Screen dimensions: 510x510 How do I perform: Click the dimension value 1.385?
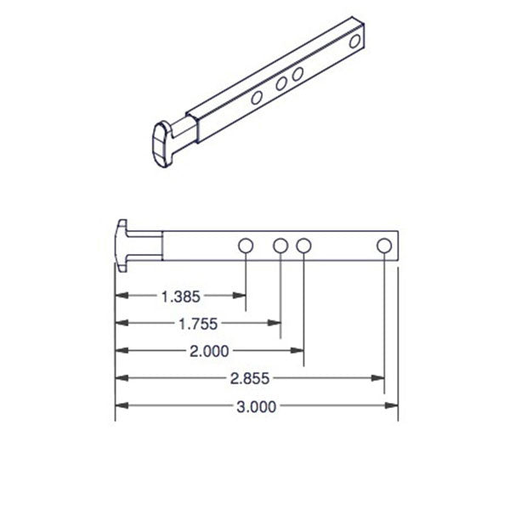coord(180,297)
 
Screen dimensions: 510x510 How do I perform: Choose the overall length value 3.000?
coord(256,406)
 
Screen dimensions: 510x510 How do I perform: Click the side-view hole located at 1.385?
coord(246,246)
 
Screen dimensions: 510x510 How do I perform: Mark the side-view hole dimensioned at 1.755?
coord(281,246)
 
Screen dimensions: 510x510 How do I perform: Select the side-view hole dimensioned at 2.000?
coord(304,246)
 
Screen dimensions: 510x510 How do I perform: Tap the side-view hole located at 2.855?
coord(384,246)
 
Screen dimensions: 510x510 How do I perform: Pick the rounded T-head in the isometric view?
coord(159,144)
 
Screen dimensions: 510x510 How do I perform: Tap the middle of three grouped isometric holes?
coord(280,83)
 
